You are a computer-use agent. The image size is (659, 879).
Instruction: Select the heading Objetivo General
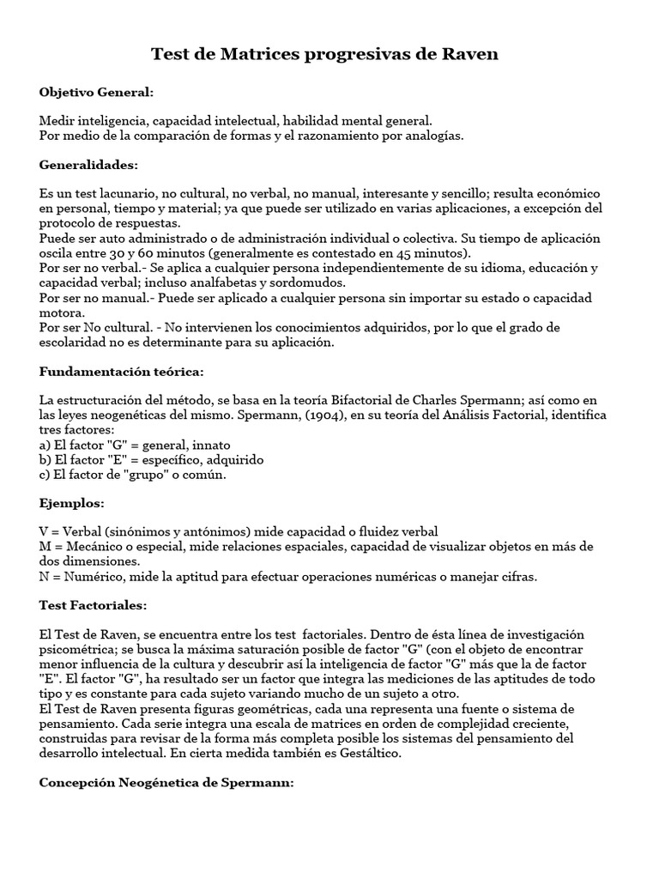[96, 92]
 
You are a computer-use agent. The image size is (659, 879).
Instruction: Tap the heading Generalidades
[88, 164]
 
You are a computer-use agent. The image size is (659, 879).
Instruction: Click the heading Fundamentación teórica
[121, 372]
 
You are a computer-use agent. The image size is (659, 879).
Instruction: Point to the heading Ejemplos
[72, 502]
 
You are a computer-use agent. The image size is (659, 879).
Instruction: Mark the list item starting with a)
[135, 445]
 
